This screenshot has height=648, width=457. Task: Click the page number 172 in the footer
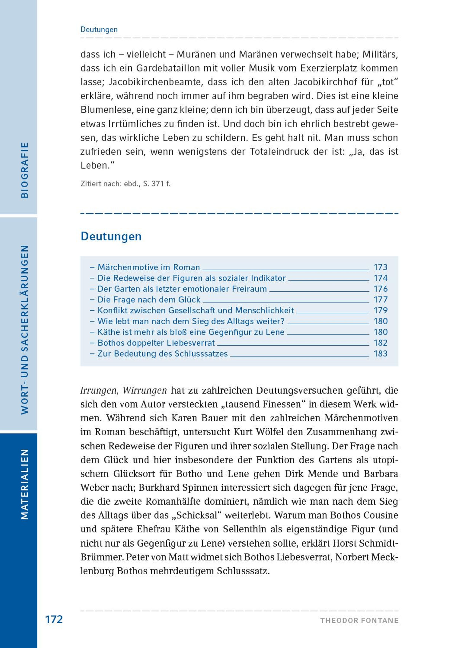click(54, 619)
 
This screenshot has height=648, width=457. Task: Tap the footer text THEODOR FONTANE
click(359, 621)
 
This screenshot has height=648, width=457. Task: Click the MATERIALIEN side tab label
click(25, 485)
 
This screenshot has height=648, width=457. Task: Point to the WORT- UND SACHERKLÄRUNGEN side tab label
click(25, 330)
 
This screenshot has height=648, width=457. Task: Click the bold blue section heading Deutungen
click(111, 236)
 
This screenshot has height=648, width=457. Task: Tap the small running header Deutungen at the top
click(99, 29)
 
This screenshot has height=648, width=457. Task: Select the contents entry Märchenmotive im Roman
click(149, 267)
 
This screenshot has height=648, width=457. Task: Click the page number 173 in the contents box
click(380, 267)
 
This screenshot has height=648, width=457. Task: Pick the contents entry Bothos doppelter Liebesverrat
click(156, 343)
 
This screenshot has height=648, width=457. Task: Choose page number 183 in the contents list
click(380, 353)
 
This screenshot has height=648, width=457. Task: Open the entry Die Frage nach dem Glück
click(149, 299)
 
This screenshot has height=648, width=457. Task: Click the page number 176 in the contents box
click(380, 289)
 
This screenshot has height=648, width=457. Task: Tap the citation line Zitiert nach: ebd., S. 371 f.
click(125, 184)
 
